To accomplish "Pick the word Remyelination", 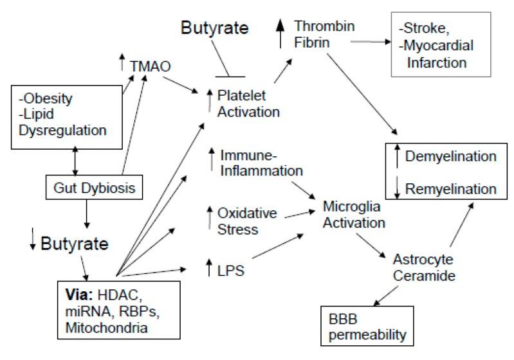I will (x=455, y=189).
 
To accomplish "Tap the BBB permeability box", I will (x=365, y=328).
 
